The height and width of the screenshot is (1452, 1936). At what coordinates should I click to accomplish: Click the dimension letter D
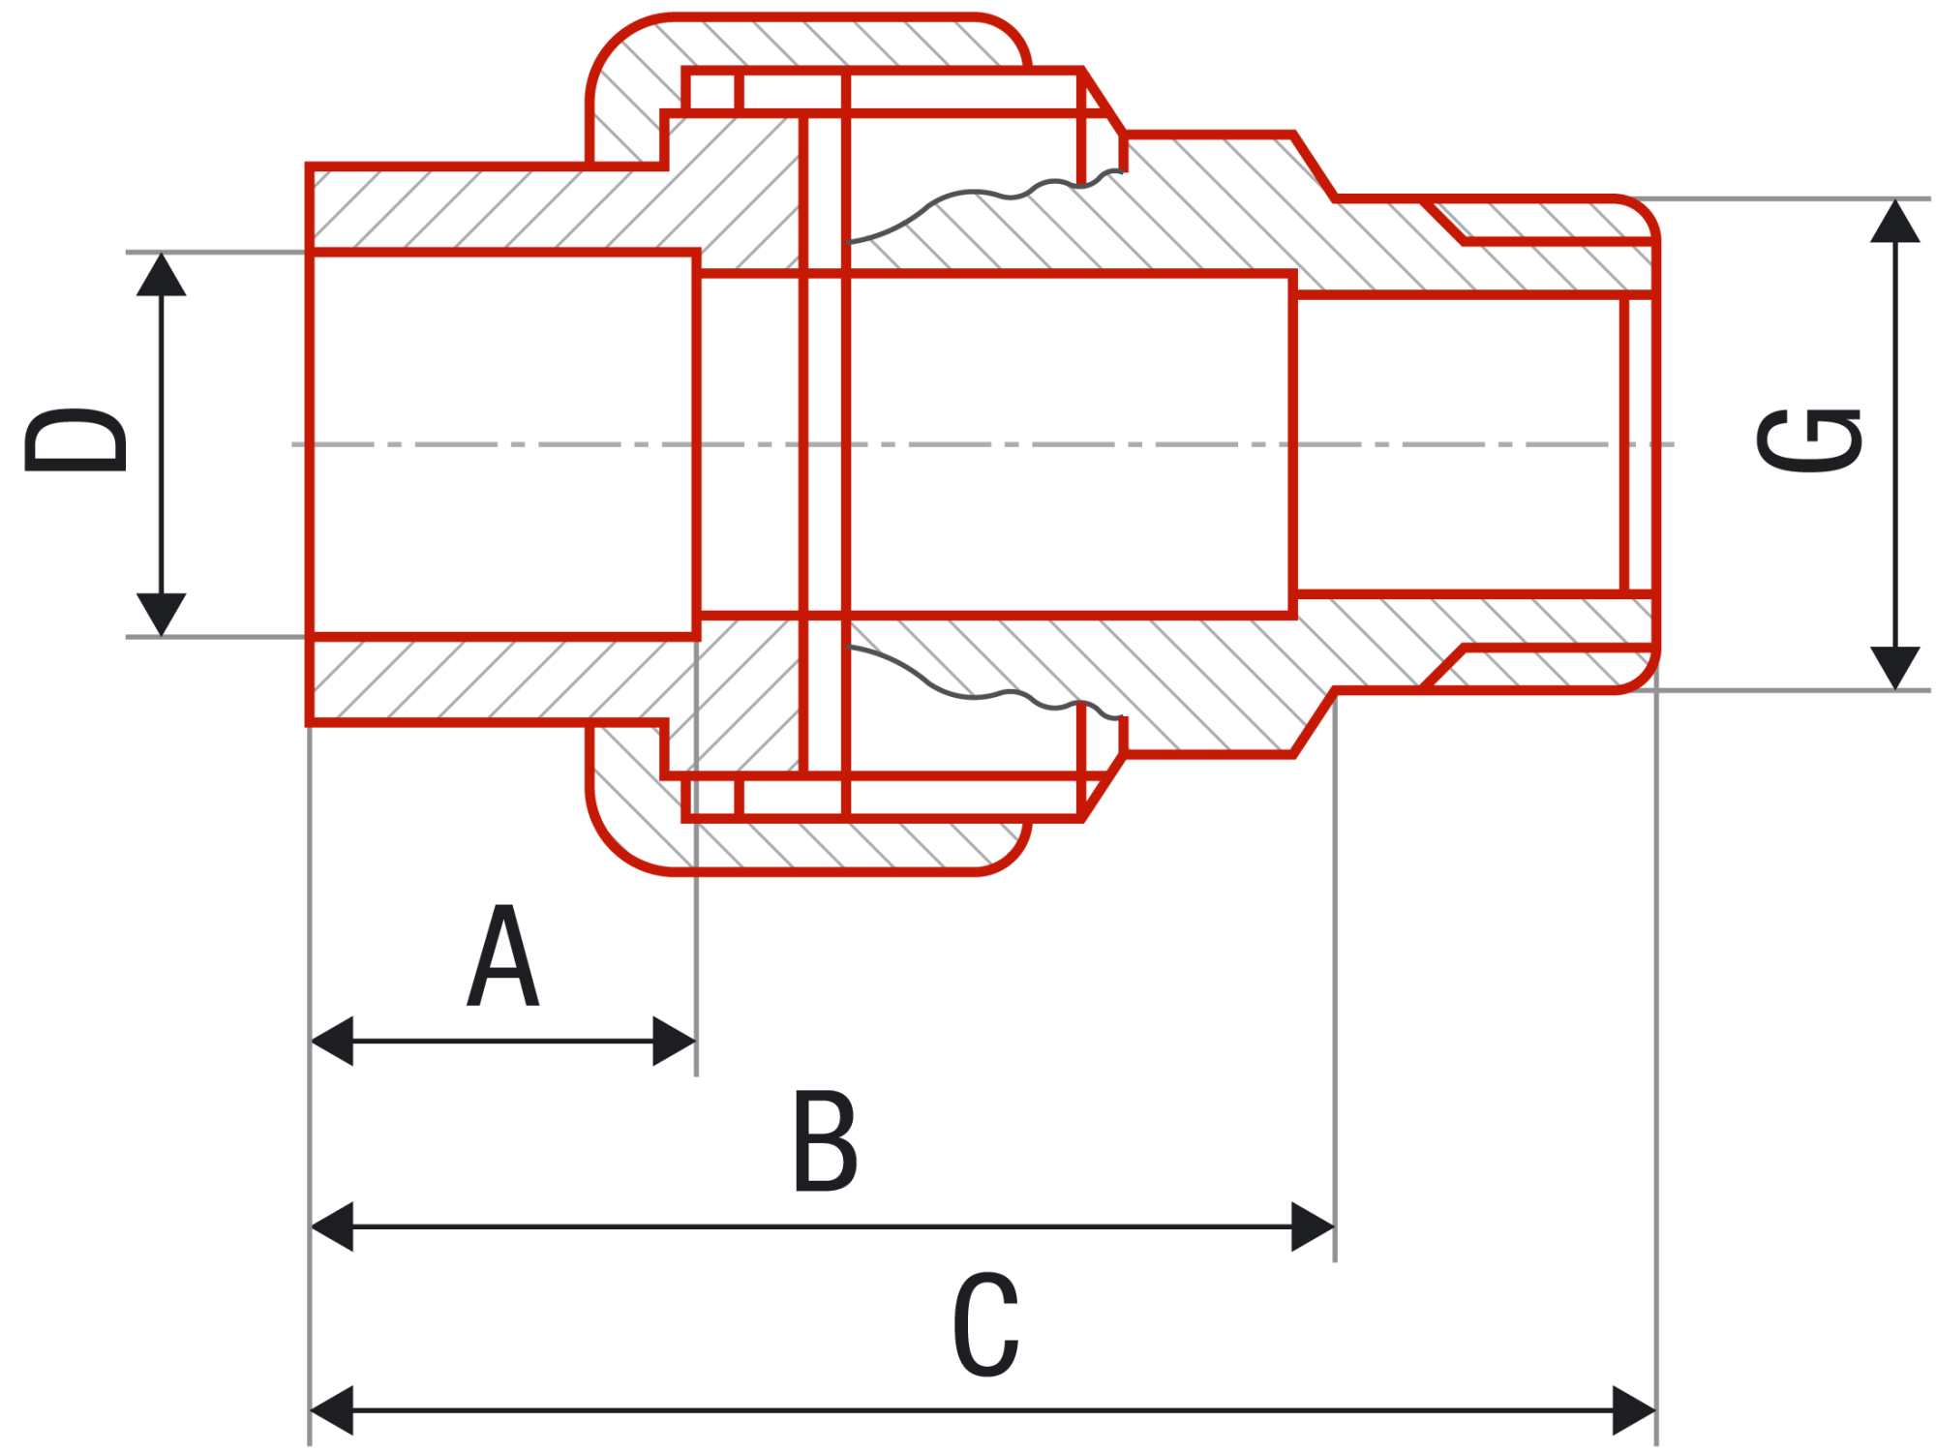pyautogui.click(x=76, y=440)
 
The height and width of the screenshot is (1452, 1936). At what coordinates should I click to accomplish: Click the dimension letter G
pyautogui.click(x=1809, y=441)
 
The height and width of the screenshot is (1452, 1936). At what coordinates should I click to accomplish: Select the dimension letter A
pyautogui.click(x=502, y=955)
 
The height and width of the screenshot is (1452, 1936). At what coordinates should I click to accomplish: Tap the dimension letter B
pyautogui.click(x=825, y=1140)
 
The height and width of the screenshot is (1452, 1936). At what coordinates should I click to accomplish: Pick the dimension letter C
pyautogui.click(x=985, y=1324)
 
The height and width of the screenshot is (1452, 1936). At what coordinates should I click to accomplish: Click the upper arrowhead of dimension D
pyautogui.click(x=161, y=274)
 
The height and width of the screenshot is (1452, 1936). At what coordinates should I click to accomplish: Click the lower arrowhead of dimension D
pyautogui.click(x=161, y=615)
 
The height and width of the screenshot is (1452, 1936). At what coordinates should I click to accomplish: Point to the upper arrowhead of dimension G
pyautogui.click(x=1894, y=221)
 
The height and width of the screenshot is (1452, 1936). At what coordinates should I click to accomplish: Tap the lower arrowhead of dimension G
pyautogui.click(x=1894, y=668)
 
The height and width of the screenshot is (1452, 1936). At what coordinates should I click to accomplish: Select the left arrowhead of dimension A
pyautogui.click(x=331, y=1041)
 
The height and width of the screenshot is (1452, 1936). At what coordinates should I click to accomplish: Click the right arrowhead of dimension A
pyautogui.click(x=675, y=1041)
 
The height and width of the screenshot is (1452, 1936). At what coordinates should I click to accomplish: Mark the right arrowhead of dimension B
pyautogui.click(x=1314, y=1226)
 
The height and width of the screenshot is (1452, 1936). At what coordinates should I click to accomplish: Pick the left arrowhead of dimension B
pyautogui.click(x=331, y=1226)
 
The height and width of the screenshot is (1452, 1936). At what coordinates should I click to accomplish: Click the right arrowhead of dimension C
pyautogui.click(x=1635, y=1410)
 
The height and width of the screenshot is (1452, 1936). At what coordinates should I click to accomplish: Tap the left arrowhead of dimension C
pyautogui.click(x=331, y=1410)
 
